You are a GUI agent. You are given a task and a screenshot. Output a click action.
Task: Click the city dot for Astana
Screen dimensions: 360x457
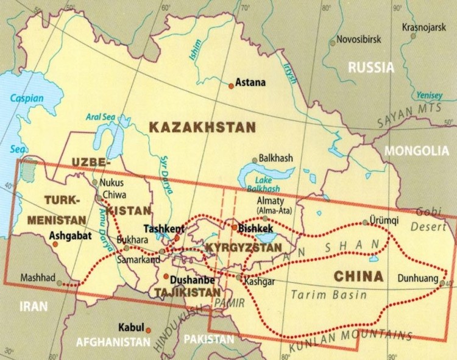[231, 86]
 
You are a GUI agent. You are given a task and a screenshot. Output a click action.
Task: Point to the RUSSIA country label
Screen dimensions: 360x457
[371, 68]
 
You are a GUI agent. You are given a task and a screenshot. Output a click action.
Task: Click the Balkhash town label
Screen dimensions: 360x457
[276, 157]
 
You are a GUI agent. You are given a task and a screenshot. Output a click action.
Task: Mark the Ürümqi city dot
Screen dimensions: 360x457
[365, 222]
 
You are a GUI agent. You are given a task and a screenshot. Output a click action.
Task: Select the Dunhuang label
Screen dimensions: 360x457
[419, 278]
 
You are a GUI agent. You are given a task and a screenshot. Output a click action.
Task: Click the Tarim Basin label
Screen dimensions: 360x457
[328, 295]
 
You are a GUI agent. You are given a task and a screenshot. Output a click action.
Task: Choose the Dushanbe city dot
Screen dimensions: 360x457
[166, 277]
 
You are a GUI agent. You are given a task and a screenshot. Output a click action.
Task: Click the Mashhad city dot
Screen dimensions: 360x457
[60, 283]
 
